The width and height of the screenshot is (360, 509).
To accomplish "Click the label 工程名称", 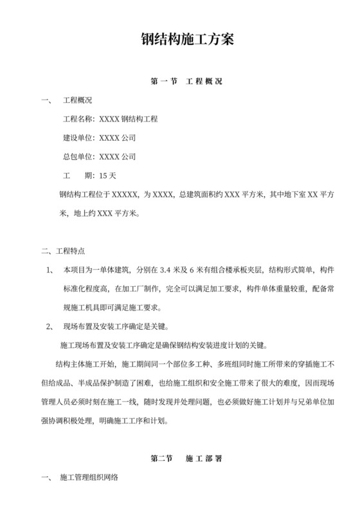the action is (77, 120).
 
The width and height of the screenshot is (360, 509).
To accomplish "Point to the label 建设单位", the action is (77, 138).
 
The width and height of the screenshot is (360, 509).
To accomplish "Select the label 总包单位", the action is (77, 157).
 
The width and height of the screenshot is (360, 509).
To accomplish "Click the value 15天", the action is (108, 175).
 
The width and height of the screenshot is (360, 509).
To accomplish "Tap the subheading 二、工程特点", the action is (63, 251).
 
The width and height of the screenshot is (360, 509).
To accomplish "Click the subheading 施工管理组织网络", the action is (89, 478).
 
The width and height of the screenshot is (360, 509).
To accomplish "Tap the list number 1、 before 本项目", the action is (52, 270).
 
